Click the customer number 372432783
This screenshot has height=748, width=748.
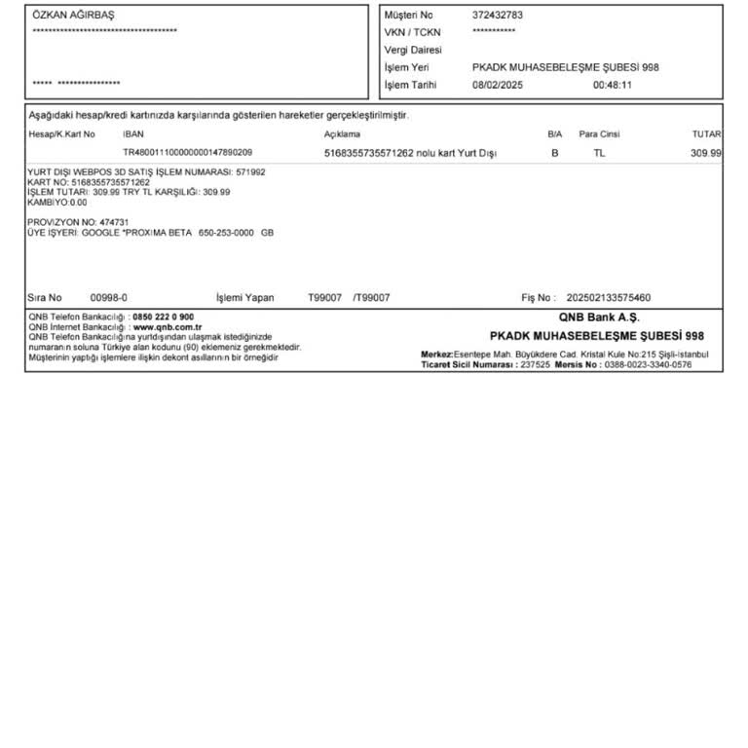[497, 15]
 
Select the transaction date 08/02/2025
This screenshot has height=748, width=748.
[497, 85]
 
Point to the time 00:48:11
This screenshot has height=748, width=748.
[613, 85]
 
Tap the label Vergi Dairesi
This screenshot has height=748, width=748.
[412, 50]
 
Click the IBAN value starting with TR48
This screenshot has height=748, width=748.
[187, 153]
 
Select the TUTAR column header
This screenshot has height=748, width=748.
[706, 134]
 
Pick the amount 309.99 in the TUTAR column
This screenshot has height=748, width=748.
[706, 153]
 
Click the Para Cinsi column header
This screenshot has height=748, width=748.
[599, 134]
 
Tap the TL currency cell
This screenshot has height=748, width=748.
[599, 153]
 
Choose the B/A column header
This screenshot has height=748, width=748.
[555, 134]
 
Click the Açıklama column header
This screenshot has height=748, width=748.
[342, 134]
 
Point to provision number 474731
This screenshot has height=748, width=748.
[114, 222]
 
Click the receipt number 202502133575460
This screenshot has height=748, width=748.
[608, 298]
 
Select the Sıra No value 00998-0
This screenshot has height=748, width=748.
[108, 298]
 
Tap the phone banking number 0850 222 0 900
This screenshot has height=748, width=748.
[163, 318]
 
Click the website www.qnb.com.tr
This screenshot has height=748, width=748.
[160, 327]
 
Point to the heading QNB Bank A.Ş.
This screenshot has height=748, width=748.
[599, 318]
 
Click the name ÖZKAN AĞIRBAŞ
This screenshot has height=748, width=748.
[73, 15]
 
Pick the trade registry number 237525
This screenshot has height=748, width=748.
[535, 364]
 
